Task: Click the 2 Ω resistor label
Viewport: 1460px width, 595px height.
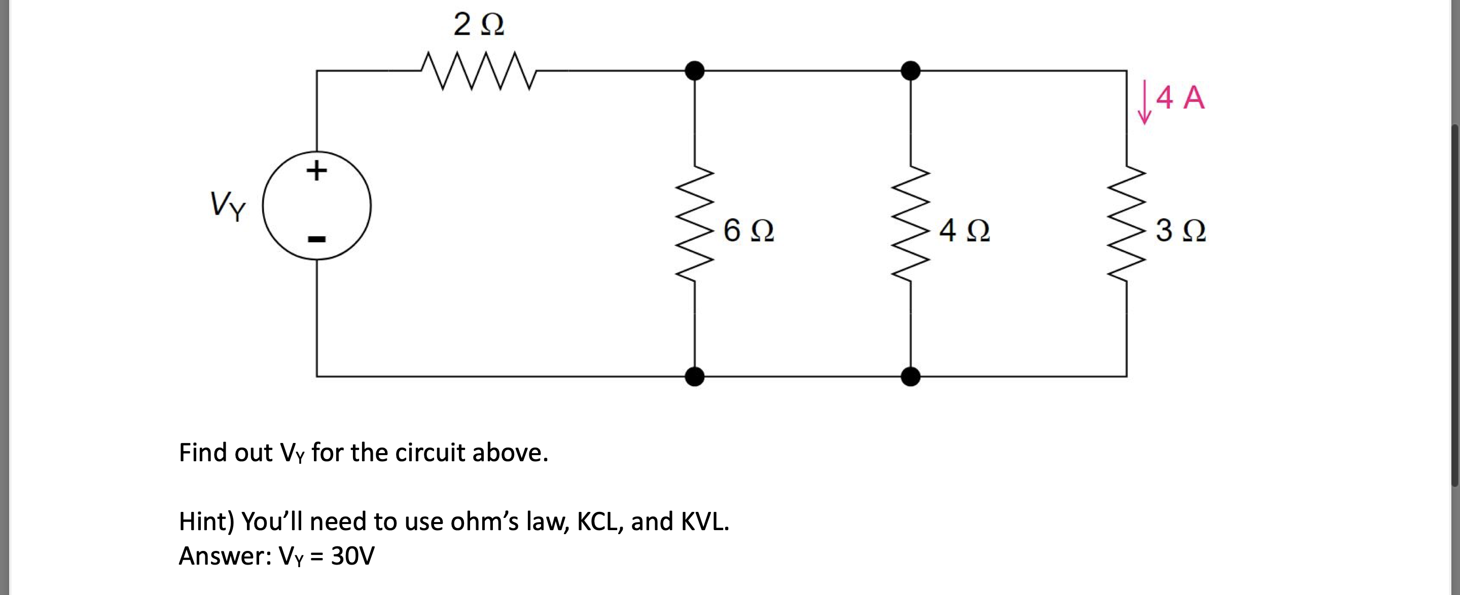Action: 479,25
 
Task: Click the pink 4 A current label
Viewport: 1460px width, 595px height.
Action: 1181,97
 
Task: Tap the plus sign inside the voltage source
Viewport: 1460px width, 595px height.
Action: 316,170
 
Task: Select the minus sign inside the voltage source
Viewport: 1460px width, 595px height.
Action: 316,239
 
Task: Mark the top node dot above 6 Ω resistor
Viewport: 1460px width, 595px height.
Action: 695,71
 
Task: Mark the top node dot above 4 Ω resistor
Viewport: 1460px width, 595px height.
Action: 911,71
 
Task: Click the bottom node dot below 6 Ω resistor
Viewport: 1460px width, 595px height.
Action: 695,376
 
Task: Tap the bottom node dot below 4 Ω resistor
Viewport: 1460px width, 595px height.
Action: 911,376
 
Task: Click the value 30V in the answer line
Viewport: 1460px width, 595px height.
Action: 352,556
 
